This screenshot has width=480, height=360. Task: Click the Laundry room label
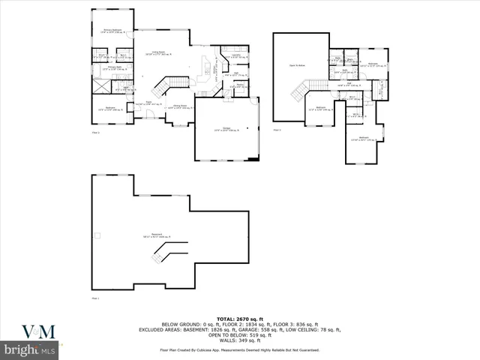pyautogui.click(x=234, y=55)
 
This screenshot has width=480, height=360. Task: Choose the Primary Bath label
pyautogui.click(x=104, y=69)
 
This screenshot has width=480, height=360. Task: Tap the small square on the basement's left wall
pyautogui.click(x=96, y=235)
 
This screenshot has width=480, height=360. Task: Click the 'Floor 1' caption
pyautogui.click(x=95, y=298)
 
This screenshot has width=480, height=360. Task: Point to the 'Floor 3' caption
pyautogui.click(x=277, y=130)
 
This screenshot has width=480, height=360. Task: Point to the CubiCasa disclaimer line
pyautogui.click(x=239, y=350)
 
